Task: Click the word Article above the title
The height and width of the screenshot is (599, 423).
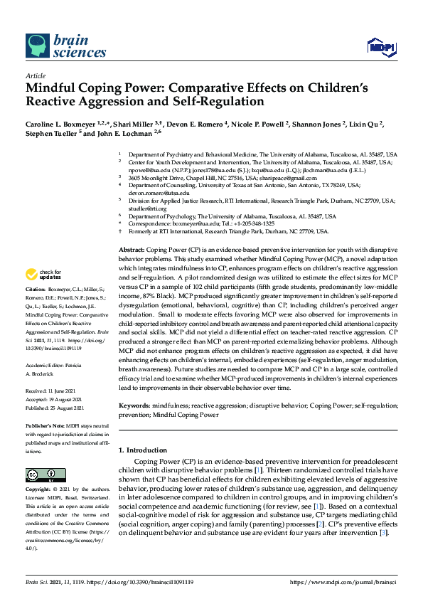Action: pyautogui.click(x=35, y=76)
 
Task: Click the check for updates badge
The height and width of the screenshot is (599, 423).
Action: pyautogui.click(x=43, y=275)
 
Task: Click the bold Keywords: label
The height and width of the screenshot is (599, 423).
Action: pyautogui.click(x=134, y=405)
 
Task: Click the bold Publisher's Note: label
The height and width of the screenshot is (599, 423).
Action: pyautogui.click(x=47, y=425)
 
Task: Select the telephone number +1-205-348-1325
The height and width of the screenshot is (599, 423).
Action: pyautogui.click(x=252, y=223)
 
